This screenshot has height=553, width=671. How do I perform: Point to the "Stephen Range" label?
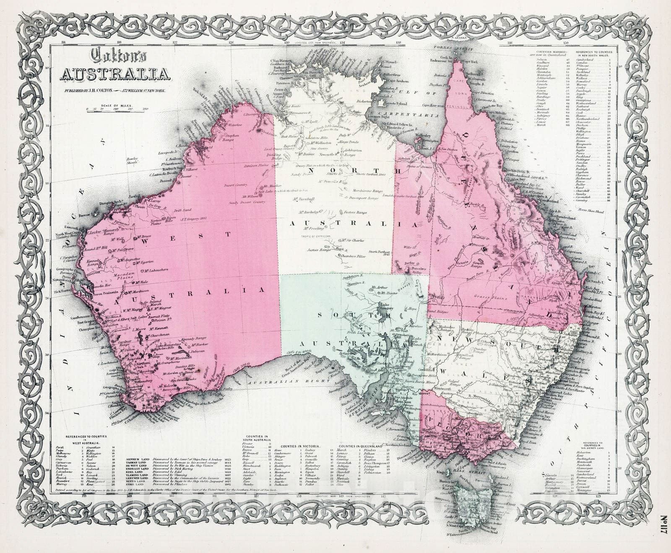click(232, 138)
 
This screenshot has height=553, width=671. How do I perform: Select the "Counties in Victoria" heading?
click(301, 447)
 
